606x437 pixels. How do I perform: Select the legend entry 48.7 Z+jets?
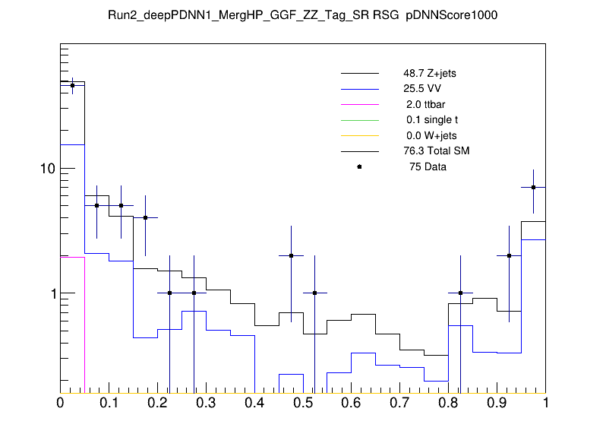429,74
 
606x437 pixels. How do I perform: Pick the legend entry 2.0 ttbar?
422,104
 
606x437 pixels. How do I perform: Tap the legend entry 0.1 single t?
431,120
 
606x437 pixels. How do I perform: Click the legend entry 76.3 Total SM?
436,151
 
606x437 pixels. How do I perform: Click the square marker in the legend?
359,166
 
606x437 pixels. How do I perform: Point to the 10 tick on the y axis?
46,168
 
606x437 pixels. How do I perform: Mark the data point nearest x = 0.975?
534,187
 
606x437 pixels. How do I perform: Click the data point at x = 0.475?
291,255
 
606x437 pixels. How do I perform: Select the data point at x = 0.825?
461,293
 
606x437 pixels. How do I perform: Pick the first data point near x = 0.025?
72,86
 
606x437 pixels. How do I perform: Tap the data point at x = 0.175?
145,217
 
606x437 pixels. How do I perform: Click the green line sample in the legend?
359,120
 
